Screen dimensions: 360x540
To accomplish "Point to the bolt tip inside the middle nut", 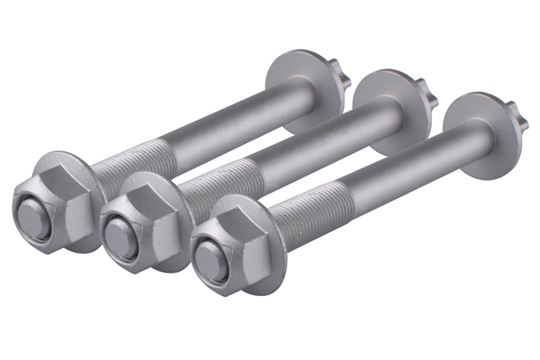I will coord(119,238).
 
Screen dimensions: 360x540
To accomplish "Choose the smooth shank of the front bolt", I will coord(396,162).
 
